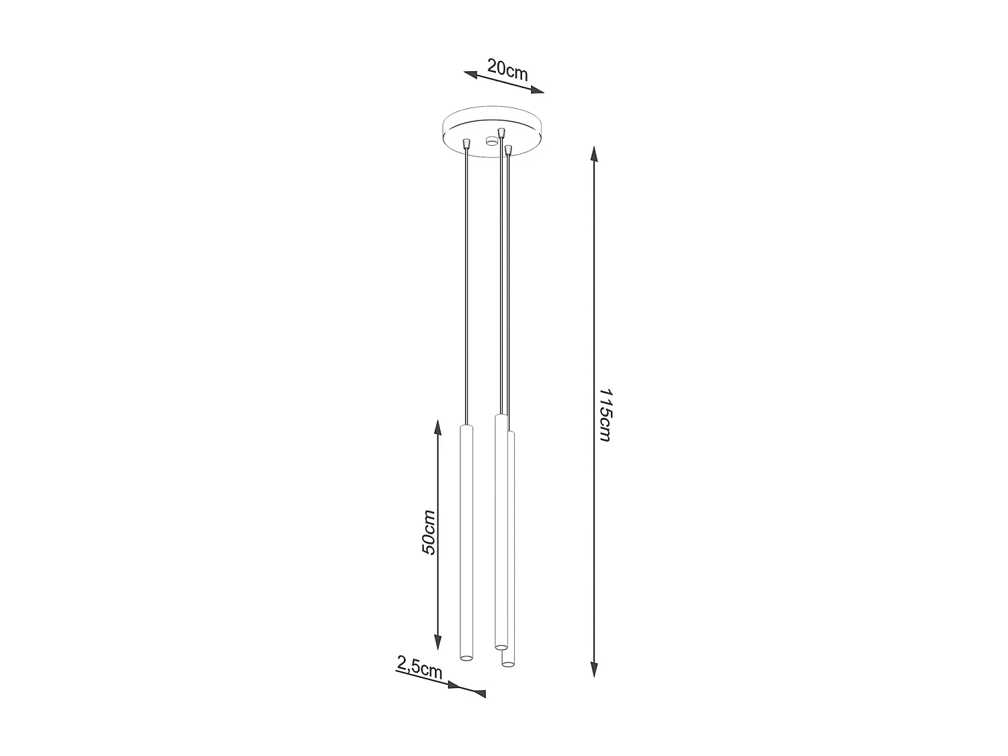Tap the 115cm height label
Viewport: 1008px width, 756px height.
click(x=604, y=414)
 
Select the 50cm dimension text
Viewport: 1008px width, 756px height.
click(x=429, y=532)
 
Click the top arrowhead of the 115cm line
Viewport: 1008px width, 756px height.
click(x=594, y=154)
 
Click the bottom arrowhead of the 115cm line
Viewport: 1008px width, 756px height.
click(x=594, y=668)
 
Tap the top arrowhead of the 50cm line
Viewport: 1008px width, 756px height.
click(x=438, y=427)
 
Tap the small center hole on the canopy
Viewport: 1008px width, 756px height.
click(x=492, y=140)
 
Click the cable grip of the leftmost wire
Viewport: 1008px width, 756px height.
click(x=466, y=143)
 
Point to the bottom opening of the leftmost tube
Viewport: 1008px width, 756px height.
click(x=466, y=656)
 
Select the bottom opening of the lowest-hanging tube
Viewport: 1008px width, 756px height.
click(x=508, y=665)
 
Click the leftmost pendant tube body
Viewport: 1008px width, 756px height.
click(x=466, y=538)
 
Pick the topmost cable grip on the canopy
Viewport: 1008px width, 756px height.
click(x=500, y=131)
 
